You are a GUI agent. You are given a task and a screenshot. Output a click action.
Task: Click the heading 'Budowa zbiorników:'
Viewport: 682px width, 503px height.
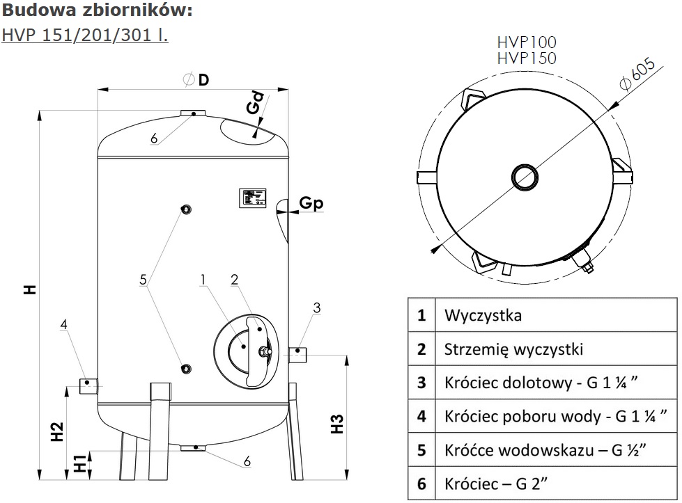[x=97, y=12]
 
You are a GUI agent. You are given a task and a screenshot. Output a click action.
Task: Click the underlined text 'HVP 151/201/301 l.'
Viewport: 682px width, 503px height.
[x=85, y=34]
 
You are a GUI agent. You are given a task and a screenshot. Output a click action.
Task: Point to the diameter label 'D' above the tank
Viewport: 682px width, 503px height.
[x=203, y=79]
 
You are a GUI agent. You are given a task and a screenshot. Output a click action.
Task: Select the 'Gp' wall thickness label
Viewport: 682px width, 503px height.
[x=311, y=203]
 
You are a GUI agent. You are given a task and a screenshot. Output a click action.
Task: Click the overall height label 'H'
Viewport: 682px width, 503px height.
[x=29, y=289]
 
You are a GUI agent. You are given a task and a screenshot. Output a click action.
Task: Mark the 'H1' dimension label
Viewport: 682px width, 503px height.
[x=82, y=463]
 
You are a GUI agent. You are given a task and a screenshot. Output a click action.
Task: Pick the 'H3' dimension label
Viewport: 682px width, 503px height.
[x=336, y=424]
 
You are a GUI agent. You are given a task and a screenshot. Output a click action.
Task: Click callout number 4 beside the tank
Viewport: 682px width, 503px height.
[x=63, y=324]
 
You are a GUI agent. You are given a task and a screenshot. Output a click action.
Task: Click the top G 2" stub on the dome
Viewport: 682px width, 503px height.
[x=194, y=113]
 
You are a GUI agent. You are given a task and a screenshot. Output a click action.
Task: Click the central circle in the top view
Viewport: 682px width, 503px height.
[x=523, y=177]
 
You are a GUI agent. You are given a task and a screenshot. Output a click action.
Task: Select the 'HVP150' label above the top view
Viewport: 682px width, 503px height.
[x=527, y=58]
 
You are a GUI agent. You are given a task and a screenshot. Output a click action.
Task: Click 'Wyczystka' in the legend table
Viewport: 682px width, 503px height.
[x=483, y=315]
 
